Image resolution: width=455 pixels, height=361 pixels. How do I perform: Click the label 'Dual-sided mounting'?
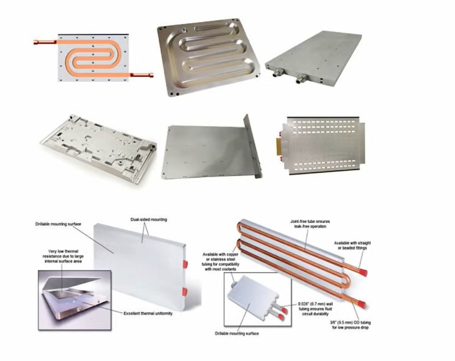pos(149,219)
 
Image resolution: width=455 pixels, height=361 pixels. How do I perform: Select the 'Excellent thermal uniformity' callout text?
pos(148,314)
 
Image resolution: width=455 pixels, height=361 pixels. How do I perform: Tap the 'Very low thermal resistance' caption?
pos(63,256)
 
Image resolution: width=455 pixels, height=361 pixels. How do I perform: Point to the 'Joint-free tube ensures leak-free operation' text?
pos(310,224)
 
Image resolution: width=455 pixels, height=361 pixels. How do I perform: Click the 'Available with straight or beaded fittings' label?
pos(352,245)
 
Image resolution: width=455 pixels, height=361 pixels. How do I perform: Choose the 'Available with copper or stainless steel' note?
pos(221,261)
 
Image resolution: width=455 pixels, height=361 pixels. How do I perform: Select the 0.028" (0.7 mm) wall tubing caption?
pos(315,309)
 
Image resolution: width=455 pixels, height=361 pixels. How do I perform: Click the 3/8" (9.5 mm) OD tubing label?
pos(350,325)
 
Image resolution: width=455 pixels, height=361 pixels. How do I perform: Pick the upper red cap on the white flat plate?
pos(185,264)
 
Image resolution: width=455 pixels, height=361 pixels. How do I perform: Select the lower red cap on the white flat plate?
pos(185,291)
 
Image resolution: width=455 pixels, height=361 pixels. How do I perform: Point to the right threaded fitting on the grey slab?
pos(300,78)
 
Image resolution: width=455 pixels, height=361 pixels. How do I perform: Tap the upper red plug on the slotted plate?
pos(280,134)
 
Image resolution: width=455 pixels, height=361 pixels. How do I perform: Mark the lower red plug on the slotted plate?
pos(281,158)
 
